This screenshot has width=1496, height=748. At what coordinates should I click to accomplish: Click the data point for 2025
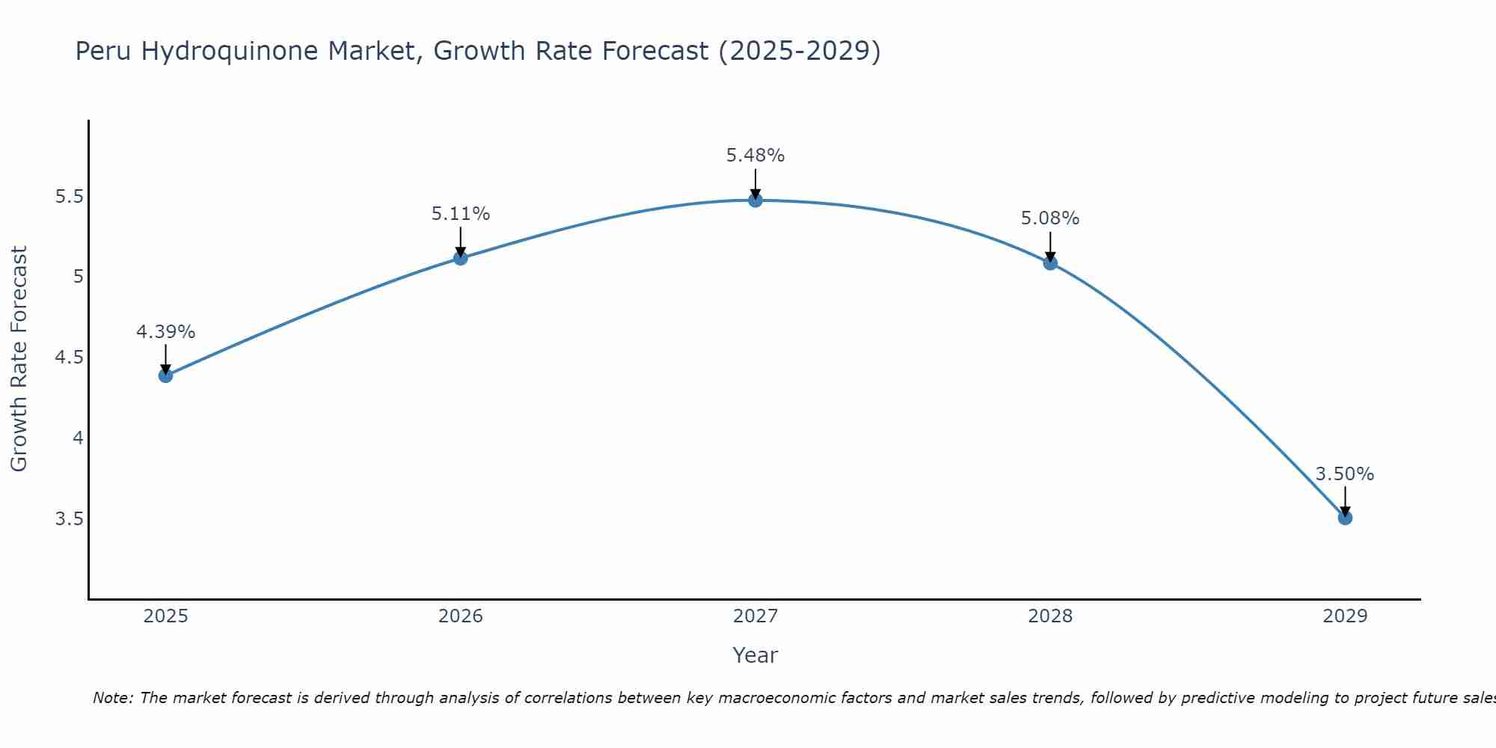pos(166,375)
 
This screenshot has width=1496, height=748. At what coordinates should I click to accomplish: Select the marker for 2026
pos(461,258)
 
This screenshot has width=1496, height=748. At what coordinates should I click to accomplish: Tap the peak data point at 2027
pos(755,200)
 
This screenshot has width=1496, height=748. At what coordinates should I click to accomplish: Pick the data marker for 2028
pos(1050,263)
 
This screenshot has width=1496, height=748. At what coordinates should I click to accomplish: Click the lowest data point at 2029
pos(1345,518)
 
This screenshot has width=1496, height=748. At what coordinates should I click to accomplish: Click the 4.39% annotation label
pos(166,332)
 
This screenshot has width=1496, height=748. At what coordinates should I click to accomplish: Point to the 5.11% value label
pos(461,214)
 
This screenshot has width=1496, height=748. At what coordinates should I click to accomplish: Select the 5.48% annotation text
pos(755,156)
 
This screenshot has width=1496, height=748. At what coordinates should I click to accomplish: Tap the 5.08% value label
pos(1050,218)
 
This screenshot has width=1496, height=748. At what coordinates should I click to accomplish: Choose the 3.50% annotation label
pos(1345,474)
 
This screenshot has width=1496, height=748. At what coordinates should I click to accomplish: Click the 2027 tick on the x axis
pos(755,616)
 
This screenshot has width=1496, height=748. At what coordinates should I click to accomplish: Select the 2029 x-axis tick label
pos(1345,616)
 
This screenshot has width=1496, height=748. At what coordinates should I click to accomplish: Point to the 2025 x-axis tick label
pos(166,616)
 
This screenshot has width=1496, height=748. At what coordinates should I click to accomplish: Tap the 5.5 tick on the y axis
pos(69,197)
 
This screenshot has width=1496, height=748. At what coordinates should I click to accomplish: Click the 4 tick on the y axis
pos(78,438)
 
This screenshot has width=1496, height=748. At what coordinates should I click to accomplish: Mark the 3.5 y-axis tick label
pos(69,519)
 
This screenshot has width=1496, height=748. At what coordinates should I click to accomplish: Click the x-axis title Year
pos(755,655)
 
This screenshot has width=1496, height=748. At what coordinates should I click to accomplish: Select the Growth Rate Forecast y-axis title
pos(19,359)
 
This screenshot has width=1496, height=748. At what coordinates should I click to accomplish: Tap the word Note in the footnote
pos(112,698)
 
